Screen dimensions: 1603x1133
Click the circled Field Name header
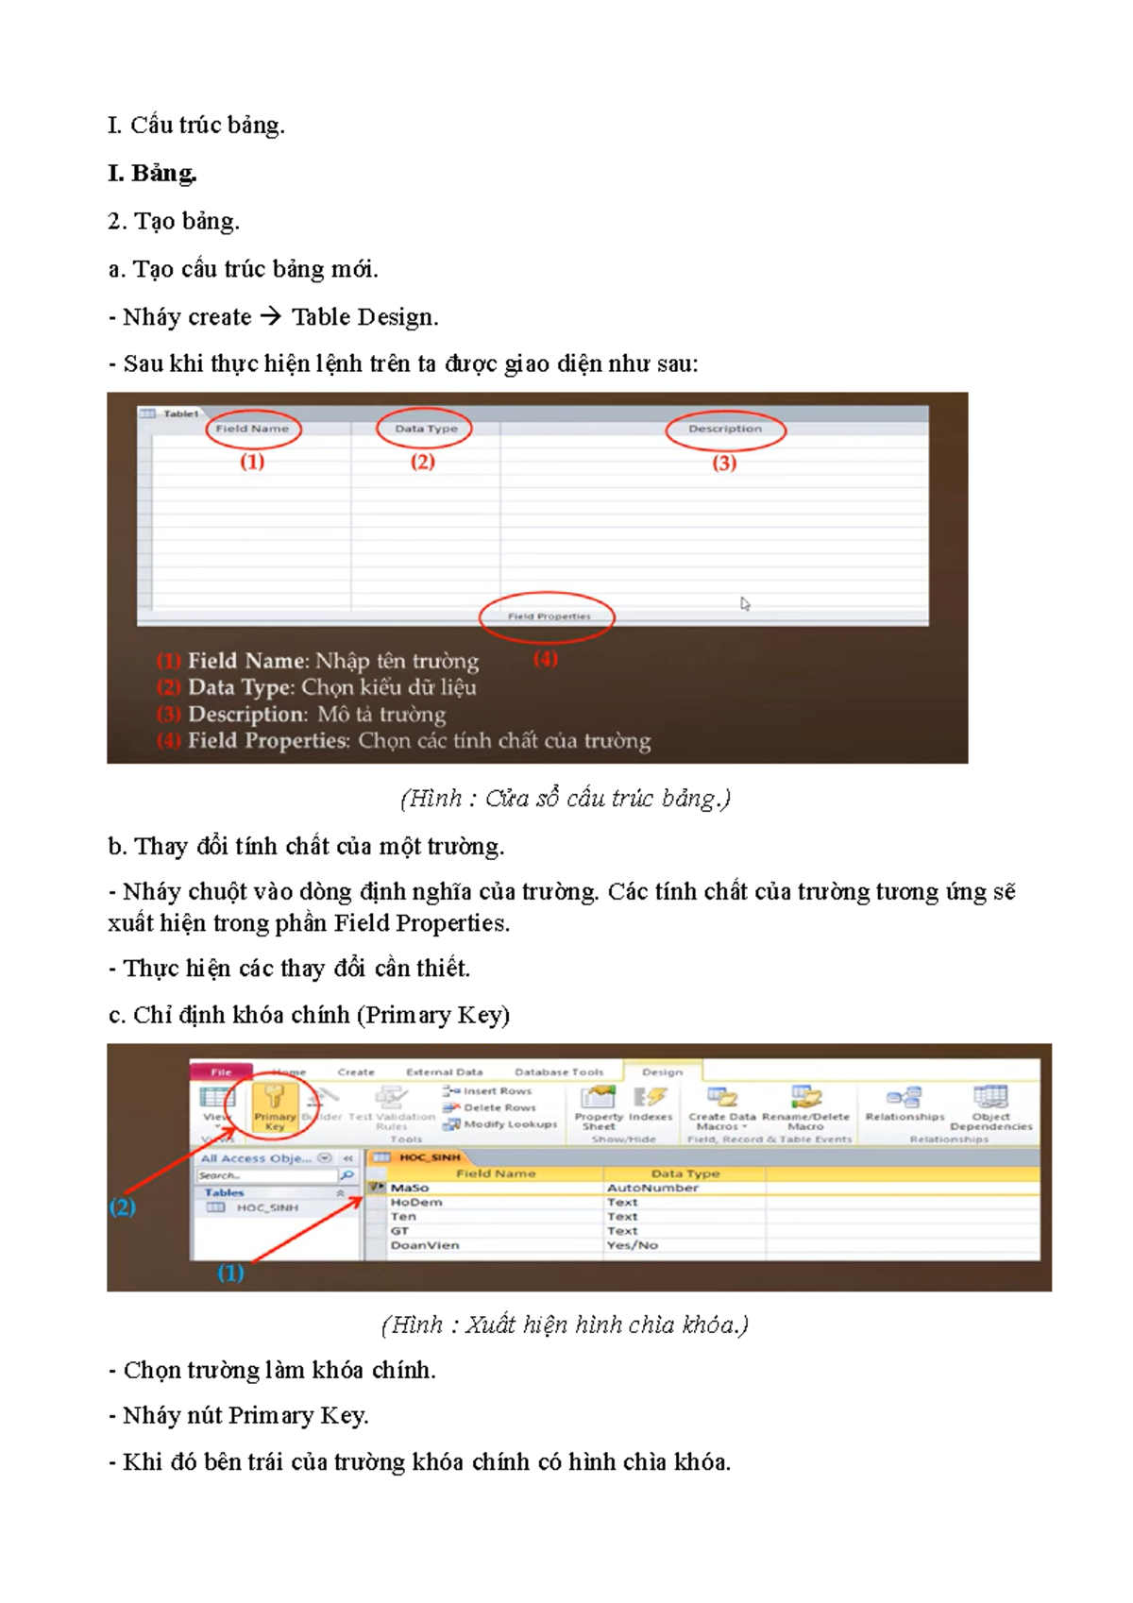252,429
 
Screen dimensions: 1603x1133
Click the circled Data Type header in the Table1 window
425,429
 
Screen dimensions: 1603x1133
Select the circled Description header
724,429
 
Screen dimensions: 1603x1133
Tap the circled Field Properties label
549,616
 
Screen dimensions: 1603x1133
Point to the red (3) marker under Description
724,463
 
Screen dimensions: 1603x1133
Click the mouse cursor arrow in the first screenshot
745,604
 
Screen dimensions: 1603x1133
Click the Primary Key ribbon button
275,1105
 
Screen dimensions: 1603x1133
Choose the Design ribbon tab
662,1072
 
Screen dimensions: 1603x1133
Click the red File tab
221,1072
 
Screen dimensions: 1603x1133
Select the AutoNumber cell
652,1189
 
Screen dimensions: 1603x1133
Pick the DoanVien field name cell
425,1246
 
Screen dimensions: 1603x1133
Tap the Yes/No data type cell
632,1246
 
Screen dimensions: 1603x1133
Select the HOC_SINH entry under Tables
266,1208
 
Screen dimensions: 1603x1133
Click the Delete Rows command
499,1108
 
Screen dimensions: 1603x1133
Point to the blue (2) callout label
122,1207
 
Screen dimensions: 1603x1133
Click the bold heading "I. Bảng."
152,174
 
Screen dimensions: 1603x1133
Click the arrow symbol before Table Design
271,316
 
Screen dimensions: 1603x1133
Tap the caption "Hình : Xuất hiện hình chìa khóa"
565,1325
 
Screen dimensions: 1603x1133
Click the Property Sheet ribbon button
599,1106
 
